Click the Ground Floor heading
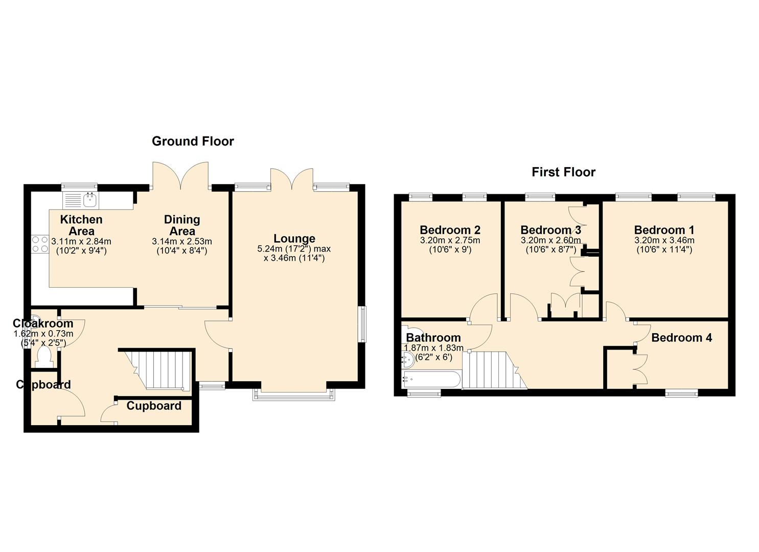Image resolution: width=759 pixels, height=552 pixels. pyautogui.click(x=193, y=141)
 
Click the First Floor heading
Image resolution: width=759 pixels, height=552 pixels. pyautogui.click(x=563, y=172)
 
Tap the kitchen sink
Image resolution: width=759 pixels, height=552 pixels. pyautogui.click(x=81, y=200)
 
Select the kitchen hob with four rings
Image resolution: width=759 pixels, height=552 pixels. pyautogui.click(x=40, y=244)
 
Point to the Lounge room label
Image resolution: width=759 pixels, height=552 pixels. pyautogui.click(x=294, y=239)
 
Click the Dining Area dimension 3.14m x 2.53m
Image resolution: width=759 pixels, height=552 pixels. pyautogui.click(x=182, y=242)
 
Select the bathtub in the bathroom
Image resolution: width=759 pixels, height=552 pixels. pyautogui.click(x=431, y=379)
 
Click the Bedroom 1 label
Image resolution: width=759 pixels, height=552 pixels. pyautogui.click(x=664, y=230)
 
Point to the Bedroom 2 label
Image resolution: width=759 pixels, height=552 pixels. pyautogui.click(x=450, y=230)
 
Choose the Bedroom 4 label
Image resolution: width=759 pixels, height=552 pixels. pyautogui.click(x=682, y=337)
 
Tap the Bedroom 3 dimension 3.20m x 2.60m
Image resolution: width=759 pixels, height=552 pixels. pyautogui.click(x=550, y=241)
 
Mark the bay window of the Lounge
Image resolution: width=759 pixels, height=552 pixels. pyautogui.click(x=294, y=395)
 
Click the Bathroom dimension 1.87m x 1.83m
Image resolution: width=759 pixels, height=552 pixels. pyautogui.click(x=434, y=348)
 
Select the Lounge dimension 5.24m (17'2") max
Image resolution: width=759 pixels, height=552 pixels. pyautogui.click(x=294, y=249)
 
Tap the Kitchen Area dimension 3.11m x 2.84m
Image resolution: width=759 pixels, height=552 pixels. pyautogui.click(x=81, y=242)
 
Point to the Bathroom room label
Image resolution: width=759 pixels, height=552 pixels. pyautogui.click(x=433, y=337)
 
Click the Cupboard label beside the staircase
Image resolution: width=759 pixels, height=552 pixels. pyautogui.click(x=154, y=406)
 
